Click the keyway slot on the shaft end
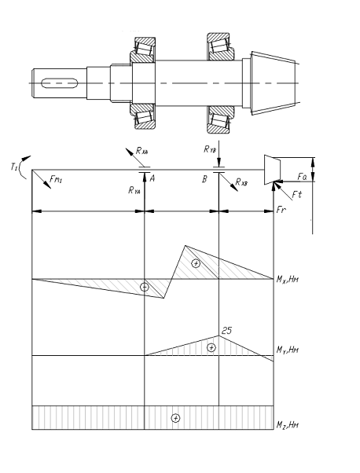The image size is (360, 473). pos(60,83)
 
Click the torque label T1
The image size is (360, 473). pos(13,167)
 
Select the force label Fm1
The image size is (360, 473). pos(57,180)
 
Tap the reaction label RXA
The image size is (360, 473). pos(141,151)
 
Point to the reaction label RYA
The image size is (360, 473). pos(134,190)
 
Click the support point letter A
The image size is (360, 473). pos(152,178)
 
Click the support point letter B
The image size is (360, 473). pos(204,179)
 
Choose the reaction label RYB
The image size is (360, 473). pos(210,148)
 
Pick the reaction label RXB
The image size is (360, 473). pos(241,182)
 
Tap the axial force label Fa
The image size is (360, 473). pos(302,177)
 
